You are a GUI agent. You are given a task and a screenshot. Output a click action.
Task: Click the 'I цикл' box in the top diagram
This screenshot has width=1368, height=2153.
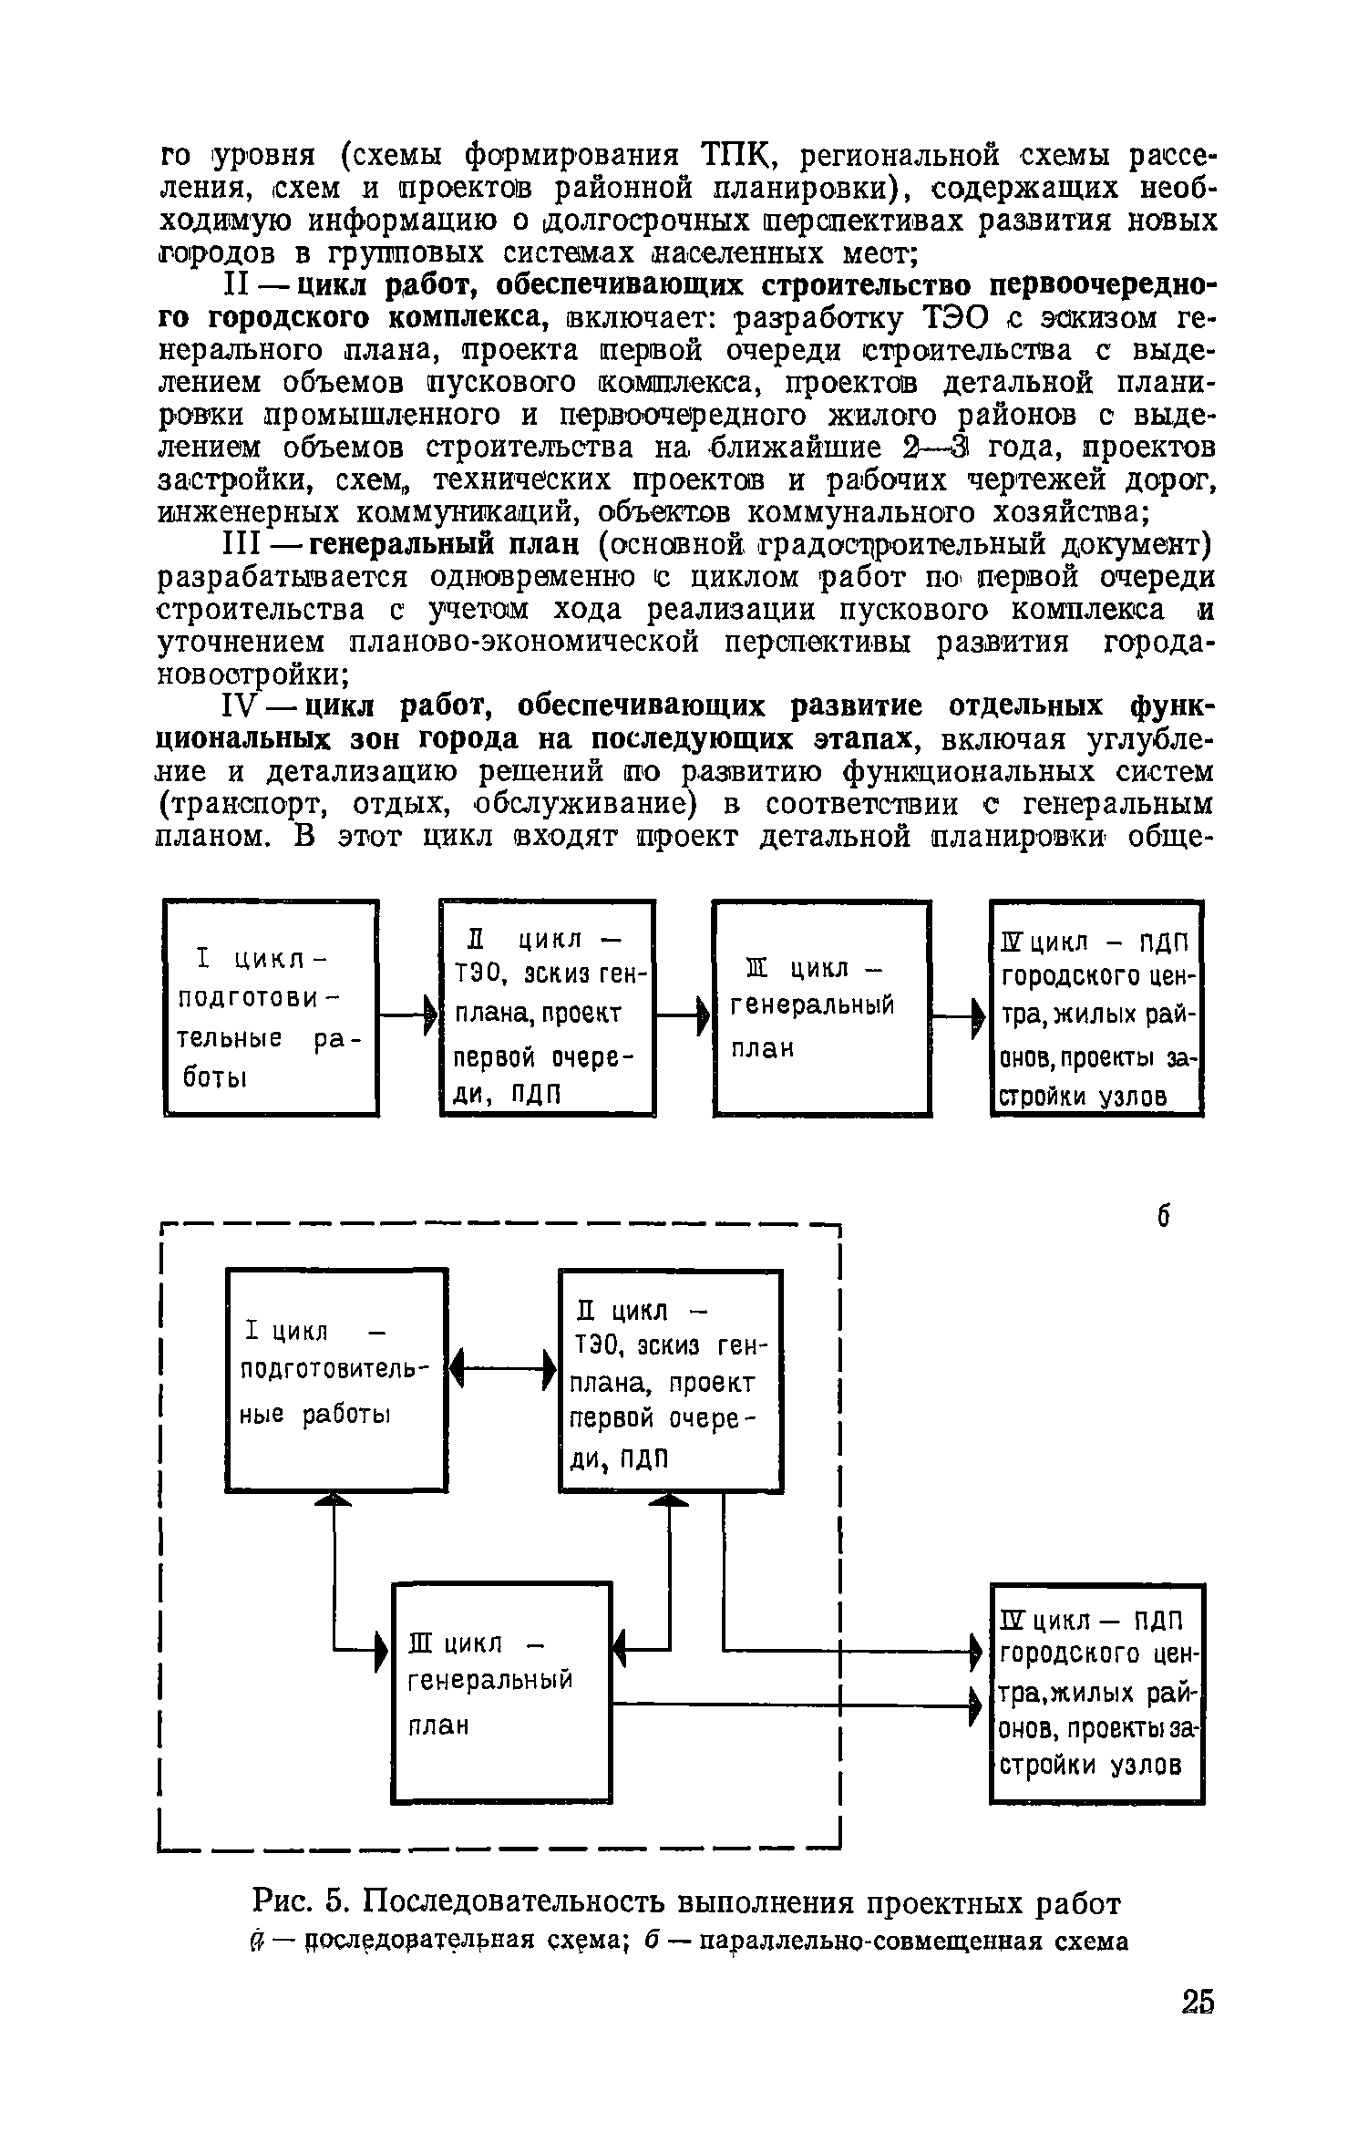click(271, 1007)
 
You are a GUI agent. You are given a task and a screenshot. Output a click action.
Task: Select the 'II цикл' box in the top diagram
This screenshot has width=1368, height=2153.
click(547, 1007)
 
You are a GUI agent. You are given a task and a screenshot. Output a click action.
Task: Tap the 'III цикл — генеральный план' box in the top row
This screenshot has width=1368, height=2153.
click(821, 1007)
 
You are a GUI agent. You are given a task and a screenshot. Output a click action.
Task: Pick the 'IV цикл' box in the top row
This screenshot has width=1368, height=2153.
click(1097, 1007)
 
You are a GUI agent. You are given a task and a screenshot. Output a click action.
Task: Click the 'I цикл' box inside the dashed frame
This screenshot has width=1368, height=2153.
click(335, 1379)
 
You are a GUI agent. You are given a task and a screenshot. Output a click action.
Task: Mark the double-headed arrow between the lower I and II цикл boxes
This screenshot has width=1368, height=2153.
click(503, 1368)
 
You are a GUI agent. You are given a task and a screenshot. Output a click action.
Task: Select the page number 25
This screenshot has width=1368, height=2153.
click(1198, 2002)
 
